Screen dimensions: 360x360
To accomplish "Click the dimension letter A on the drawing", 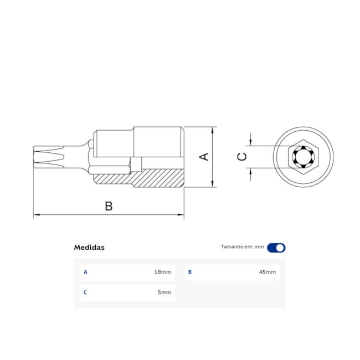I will [x=204, y=157].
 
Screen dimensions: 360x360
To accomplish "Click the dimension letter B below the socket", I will [x=109, y=206].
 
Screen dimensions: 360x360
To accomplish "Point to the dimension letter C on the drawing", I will [x=242, y=157].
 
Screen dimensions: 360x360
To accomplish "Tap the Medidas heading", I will [x=89, y=248].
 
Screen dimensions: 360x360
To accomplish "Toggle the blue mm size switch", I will [x=276, y=248].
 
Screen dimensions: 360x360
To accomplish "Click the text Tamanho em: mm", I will [x=242, y=248].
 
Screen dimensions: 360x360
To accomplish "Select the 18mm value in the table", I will [x=163, y=272].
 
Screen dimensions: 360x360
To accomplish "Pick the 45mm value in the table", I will [x=267, y=272].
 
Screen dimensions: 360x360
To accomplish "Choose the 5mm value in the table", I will [x=164, y=292].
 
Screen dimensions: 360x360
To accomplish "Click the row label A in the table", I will [x=85, y=272].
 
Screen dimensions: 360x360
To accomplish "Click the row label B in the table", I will [x=190, y=272].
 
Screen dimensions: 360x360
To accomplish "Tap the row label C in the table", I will [x=85, y=292].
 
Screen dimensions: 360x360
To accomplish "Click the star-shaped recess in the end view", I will [x=302, y=157].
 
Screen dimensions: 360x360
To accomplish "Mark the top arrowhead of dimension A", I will [x=212, y=130].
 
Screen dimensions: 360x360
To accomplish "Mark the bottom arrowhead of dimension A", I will [x=212, y=184].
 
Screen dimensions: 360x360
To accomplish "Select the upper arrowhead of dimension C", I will [x=251, y=143].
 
